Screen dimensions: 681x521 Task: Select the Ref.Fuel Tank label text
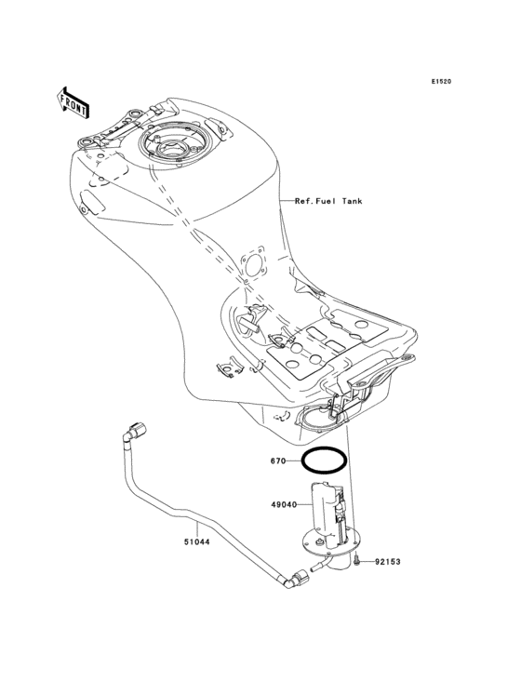point(328,200)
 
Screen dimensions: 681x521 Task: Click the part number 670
point(278,460)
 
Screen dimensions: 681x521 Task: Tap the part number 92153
point(390,562)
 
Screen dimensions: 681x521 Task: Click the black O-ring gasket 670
point(325,460)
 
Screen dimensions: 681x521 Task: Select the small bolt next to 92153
point(356,561)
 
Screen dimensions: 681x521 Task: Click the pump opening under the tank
point(321,420)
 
